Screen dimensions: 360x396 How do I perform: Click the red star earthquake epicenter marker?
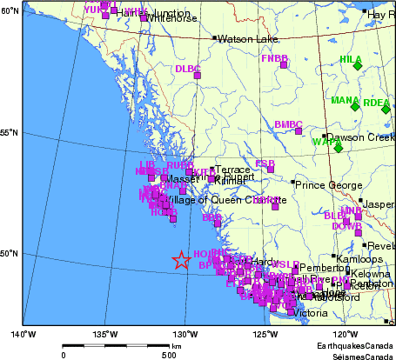[x=181, y=260]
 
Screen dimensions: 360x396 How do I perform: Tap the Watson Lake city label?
[x=246, y=39]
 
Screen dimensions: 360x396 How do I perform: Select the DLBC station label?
[x=187, y=69]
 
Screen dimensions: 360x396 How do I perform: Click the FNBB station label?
[x=274, y=58]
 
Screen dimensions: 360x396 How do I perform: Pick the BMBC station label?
[x=288, y=124]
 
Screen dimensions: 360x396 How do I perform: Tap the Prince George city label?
[x=326, y=184]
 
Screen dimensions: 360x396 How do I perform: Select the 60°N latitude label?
[x=10, y=10]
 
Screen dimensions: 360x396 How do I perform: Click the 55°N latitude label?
[x=10, y=132]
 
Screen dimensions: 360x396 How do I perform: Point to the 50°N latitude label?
[x=10, y=253]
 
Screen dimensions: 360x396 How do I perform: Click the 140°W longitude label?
[x=23, y=334]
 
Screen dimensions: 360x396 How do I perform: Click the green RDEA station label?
[x=376, y=103]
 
